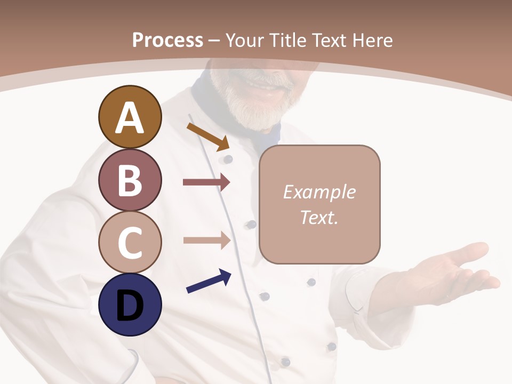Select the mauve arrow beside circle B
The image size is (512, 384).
pyautogui.click(x=206, y=182)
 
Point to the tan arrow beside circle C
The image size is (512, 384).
pyautogui.click(x=206, y=240)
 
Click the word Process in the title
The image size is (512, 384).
pyautogui.click(x=167, y=41)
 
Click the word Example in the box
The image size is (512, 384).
pyautogui.click(x=319, y=192)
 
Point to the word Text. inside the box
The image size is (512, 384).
pyautogui.click(x=319, y=218)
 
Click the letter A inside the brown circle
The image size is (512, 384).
pyautogui.click(x=130, y=118)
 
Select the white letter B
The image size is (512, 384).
pyautogui.click(x=130, y=180)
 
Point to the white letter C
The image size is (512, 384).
pyautogui.click(x=130, y=243)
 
